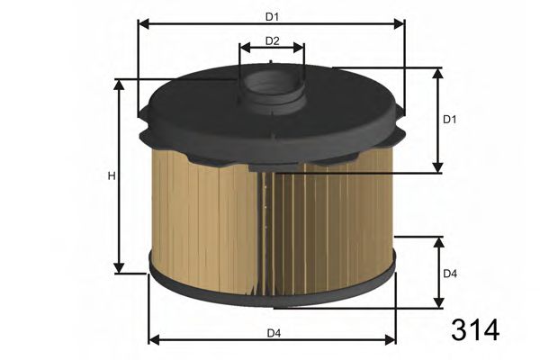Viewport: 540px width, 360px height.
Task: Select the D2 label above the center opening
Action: coord(273,40)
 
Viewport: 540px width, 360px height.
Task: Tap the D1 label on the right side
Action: coord(451,120)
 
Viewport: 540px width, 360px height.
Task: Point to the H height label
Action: coord(112,175)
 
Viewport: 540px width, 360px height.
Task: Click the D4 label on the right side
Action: coord(451,274)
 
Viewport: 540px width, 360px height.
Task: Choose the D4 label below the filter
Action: coord(273,333)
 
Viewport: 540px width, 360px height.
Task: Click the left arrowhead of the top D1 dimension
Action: coord(141,24)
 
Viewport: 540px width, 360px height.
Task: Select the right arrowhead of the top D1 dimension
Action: coord(400,24)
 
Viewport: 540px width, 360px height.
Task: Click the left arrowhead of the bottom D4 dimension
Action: coord(152,340)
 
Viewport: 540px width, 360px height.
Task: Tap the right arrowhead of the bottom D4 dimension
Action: coord(391,340)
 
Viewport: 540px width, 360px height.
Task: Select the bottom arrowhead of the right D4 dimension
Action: coord(438,304)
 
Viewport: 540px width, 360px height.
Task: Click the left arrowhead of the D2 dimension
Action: coord(244,50)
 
